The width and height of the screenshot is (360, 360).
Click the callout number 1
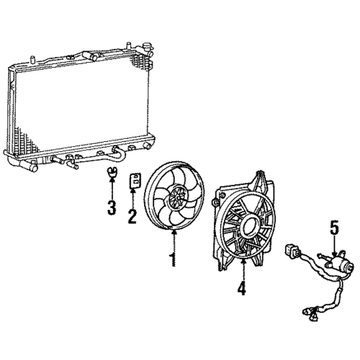click(x=173, y=259)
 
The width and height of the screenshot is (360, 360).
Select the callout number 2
click(x=132, y=217)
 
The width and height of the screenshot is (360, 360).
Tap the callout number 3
click(x=112, y=207)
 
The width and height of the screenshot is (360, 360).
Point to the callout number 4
click(x=242, y=288)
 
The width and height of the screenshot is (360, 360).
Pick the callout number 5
click(x=334, y=228)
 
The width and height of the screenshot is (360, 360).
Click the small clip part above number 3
click(x=112, y=171)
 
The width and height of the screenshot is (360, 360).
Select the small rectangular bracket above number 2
click(x=135, y=181)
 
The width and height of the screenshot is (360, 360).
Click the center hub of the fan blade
click(x=177, y=197)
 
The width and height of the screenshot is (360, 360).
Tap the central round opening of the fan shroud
click(x=251, y=226)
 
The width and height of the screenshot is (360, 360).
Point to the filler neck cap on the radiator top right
click(x=146, y=45)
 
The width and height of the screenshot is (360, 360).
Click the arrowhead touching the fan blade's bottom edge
click(x=174, y=232)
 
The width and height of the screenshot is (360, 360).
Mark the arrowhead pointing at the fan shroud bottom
click(x=243, y=261)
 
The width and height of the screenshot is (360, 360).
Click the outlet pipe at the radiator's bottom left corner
click(x=28, y=166)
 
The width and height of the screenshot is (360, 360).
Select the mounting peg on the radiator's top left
click(x=32, y=60)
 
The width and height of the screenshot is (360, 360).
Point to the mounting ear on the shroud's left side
click(x=215, y=202)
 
